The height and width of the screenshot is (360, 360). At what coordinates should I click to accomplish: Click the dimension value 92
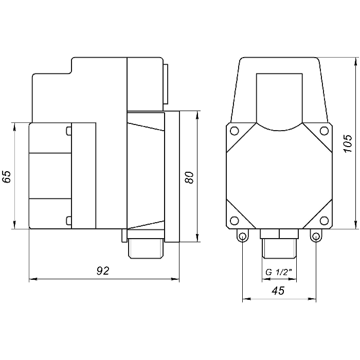coord(103,271)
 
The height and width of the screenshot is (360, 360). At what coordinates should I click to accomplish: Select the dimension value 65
coord(7,176)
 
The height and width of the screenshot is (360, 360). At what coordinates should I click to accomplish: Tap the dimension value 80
coord(190,177)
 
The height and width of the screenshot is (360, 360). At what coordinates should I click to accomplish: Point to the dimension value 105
coord(348,143)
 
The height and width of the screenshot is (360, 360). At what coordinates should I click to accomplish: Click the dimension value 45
coord(278,291)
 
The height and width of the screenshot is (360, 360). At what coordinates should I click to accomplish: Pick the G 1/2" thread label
coord(279,272)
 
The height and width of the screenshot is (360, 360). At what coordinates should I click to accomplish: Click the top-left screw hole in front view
coord(234,131)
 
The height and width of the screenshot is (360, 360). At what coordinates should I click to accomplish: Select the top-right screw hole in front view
coord(324,131)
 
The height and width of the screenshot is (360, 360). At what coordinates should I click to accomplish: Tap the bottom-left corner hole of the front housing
coord(234,221)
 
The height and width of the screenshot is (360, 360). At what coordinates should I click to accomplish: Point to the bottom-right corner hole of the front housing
coord(324,221)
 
